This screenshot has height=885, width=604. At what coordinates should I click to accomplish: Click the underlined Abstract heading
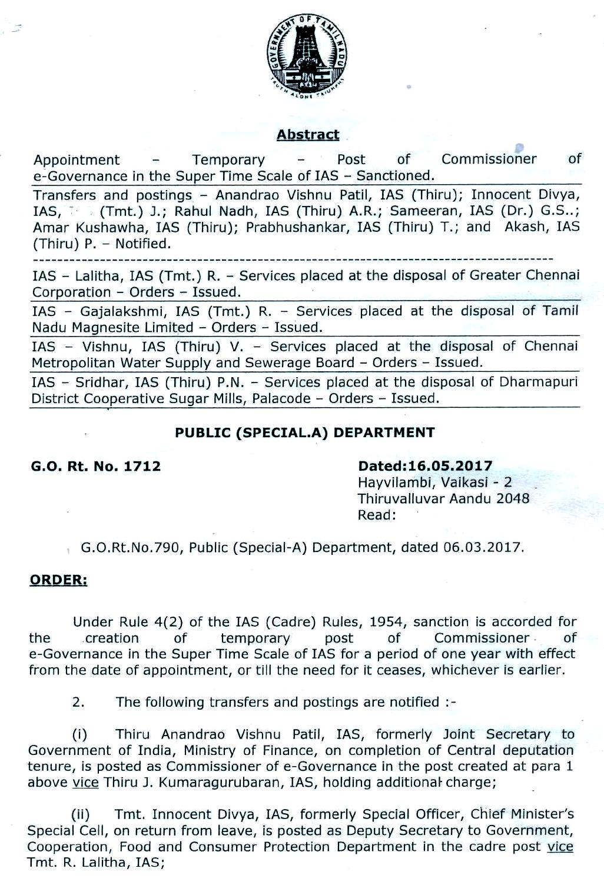click(x=308, y=135)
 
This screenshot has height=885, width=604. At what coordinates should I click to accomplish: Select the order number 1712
click(x=142, y=467)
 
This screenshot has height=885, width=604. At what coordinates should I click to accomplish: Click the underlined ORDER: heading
click(x=58, y=580)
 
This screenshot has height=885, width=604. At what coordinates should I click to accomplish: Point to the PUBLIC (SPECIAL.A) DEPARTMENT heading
click(x=305, y=432)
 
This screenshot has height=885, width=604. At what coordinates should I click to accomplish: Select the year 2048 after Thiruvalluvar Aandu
click(x=513, y=499)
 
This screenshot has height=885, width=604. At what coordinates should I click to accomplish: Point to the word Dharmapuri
click(x=539, y=382)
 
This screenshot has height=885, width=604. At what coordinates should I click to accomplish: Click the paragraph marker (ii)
click(x=80, y=815)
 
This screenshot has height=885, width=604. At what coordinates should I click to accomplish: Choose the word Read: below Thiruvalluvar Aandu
click(x=377, y=515)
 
